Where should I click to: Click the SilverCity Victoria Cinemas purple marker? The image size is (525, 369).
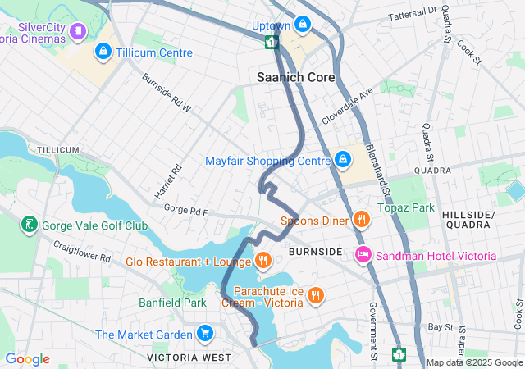[78, 31]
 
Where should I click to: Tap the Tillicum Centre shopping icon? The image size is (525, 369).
[103, 52]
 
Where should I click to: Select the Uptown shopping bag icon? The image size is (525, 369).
[303, 25]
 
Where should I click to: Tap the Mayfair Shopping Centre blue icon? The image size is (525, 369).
[342, 160]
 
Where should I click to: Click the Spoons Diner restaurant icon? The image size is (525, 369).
[360, 220]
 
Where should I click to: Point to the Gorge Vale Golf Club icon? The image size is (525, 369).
[30, 225]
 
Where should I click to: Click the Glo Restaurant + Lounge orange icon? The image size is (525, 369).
[262, 262]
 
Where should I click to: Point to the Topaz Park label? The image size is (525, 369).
[405, 207]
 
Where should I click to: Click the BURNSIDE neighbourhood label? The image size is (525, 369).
[314, 251]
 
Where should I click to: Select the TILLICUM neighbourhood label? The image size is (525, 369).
[57, 149]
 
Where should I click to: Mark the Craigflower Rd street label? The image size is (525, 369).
[82, 251]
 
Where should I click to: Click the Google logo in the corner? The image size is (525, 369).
[27, 358]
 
